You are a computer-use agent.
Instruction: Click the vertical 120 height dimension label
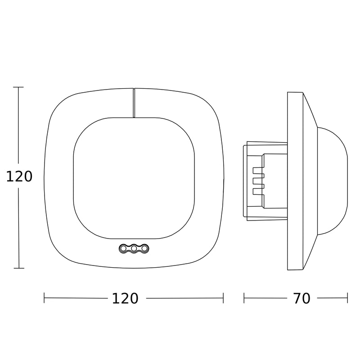tap(19, 176)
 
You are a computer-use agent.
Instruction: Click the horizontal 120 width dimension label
tap(125, 298)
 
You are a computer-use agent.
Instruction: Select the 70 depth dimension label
tap(302, 298)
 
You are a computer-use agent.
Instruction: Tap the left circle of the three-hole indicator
tap(123, 248)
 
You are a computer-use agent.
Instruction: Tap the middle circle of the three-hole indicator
tap(134, 248)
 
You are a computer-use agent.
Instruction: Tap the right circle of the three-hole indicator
tap(144, 248)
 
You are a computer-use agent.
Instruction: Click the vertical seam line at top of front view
tap(134, 103)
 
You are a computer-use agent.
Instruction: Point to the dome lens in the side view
tap(332, 181)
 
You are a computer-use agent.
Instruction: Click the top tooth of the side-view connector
tap(258, 171)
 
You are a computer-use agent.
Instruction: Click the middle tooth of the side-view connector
tap(258, 181)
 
